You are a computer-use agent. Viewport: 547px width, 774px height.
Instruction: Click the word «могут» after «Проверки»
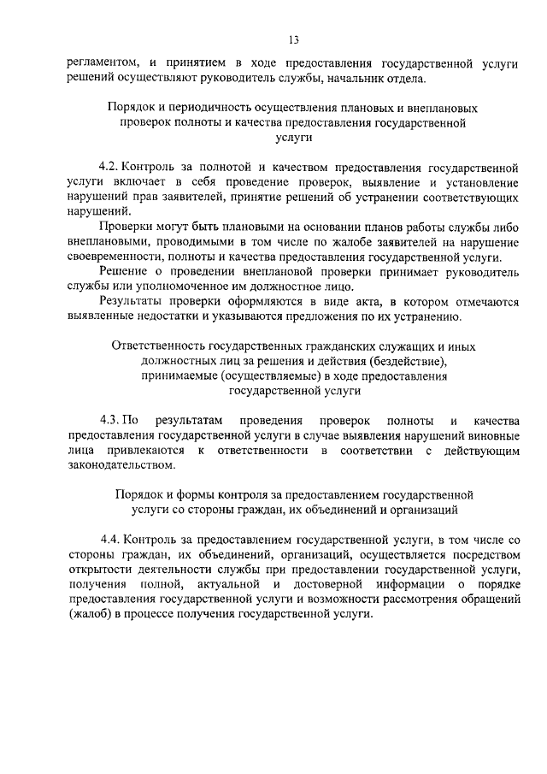point(169,228)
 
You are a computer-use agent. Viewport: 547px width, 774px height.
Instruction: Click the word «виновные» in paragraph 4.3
point(491,435)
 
